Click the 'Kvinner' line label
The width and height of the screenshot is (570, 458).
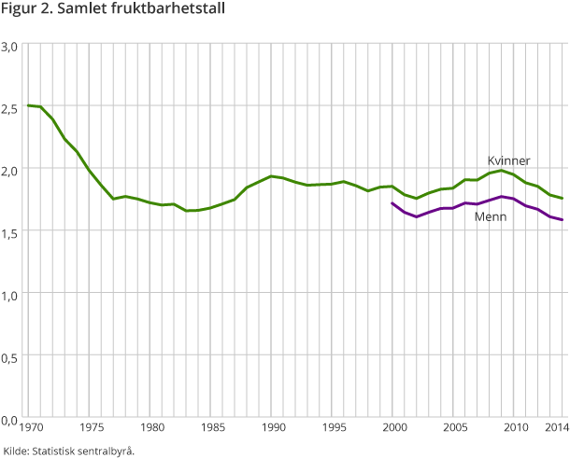pos(509,160)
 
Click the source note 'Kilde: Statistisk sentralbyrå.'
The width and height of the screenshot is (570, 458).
pos(70,451)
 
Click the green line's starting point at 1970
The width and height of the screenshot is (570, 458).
pos(28,105)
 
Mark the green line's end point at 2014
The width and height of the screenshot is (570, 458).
pos(562,199)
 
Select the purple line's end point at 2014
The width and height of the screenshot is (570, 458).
pos(562,220)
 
